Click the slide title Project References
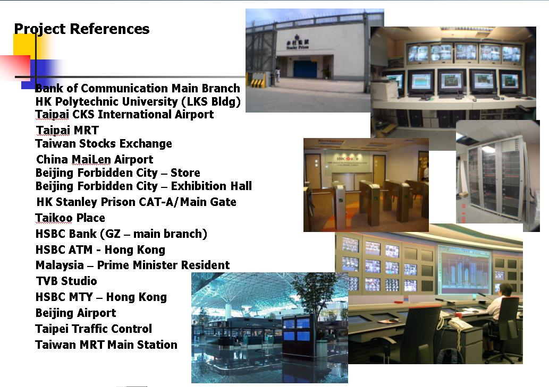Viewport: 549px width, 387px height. [x=82, y=29]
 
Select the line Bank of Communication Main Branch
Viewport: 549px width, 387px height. [x=138, y=88]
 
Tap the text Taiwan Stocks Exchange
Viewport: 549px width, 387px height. [x=104, y=143]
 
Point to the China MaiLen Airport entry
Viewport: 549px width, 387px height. [x=95, y=159]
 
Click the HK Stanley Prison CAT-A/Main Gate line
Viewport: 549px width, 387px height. [x=136, y=202]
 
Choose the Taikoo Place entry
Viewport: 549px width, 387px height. [x=70, y=218]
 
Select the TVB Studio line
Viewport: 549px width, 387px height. [x=66, y=281]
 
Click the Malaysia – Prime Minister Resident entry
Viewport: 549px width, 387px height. [x=133, y=265]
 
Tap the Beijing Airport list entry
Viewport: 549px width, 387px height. [x=75, y=313]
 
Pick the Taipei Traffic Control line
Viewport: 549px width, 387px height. [x=94, y=329]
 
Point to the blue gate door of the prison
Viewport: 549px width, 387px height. [x=305, y=69]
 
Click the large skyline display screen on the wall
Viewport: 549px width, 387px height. [x=466, y=269]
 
